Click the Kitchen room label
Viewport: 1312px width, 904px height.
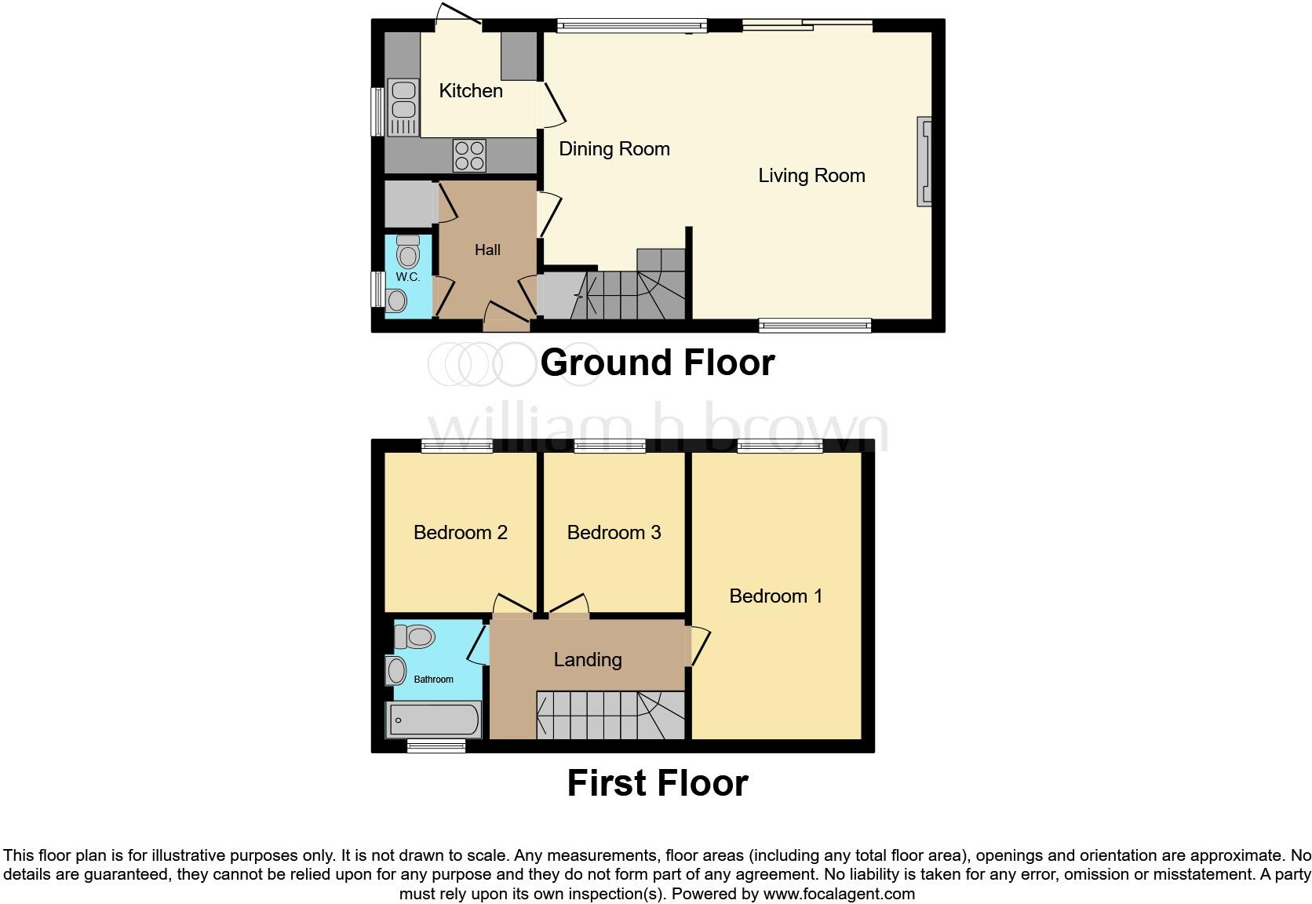[x=471, y=91]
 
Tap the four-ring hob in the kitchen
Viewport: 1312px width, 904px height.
[x=469, y=155]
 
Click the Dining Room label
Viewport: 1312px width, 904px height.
[x=614, y=149]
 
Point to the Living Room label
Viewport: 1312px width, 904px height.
[x=811, y=176]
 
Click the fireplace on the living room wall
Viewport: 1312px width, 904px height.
[x=925, y=162]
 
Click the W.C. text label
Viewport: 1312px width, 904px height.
[x=407, y=277]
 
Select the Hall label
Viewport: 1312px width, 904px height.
[x=487, y=250]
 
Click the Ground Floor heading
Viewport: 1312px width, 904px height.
[x=658, y=363]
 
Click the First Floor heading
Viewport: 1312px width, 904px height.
[x=658, y=783]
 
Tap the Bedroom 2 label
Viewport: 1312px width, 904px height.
[x=461, y=533]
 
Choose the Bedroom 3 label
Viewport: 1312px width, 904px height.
[x=614, y=533]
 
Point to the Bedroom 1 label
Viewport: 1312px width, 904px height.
[x=776, y=596]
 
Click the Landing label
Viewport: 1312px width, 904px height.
[x=588, y=660]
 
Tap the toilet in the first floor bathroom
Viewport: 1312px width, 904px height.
[x=415, y=636]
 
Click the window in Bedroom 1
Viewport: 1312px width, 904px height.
[x=779, y=447]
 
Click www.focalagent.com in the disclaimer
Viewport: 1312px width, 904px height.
[x=838, y=894]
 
